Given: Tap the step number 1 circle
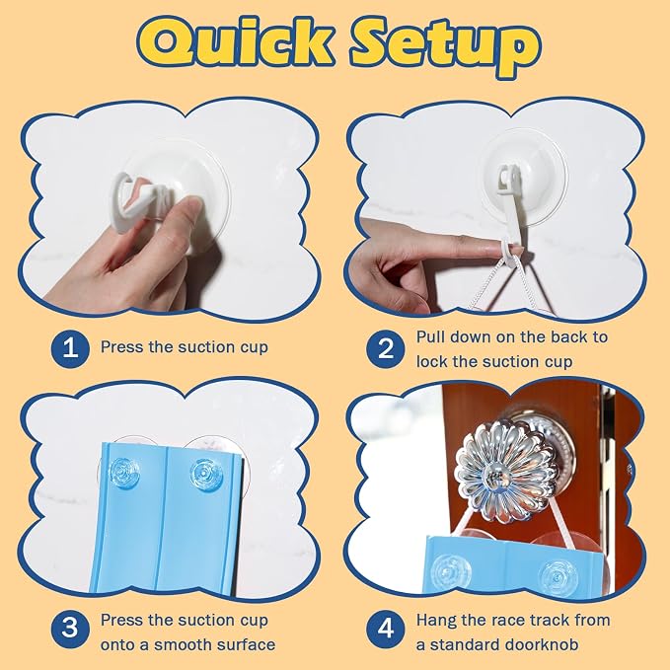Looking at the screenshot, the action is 70,347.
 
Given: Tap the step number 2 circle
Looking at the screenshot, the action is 386,348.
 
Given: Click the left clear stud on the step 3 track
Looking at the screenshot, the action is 124,474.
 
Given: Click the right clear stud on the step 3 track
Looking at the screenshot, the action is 206,473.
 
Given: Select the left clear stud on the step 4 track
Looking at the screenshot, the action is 451,570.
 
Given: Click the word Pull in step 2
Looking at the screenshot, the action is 430,337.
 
